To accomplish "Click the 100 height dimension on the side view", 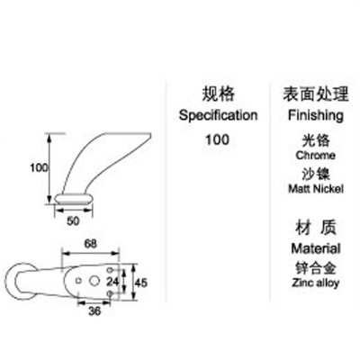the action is click(39, 167).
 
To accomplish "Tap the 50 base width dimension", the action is click(73, 221).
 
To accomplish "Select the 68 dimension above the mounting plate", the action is click(90, 244).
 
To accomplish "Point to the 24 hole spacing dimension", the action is click(112, 282).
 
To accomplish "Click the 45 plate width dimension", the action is click(140, 283).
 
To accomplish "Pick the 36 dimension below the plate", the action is click(94, 311).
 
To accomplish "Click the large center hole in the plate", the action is click(94, 281).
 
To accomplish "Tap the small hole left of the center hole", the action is click(78, 281).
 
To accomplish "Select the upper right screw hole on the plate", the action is click(110, 269).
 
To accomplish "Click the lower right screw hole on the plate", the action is click(110, 292).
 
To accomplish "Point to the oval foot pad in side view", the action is click(74, 199).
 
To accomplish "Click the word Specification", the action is click(218, 115).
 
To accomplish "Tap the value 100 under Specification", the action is click(217, 139).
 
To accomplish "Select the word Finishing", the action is click(316, 115).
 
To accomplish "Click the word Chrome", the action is click(316, 156).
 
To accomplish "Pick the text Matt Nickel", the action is click(316, 189).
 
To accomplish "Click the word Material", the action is click(316, 248).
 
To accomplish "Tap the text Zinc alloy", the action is click(316, 283).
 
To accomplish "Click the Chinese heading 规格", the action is click(218, 94).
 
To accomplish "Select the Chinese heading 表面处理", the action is click(316, 94).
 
